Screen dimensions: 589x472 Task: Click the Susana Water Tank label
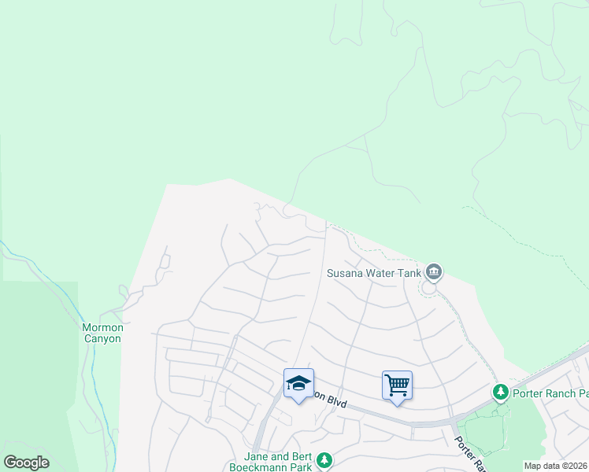pyautogui.click(x=374, y=274)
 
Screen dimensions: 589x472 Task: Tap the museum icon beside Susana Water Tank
pyautogui.click(x=434, y=272)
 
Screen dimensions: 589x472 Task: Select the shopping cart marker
pyautogui.click(x=398, y=385)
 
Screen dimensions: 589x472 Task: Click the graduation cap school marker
pyautogui.click(x=298, y=383)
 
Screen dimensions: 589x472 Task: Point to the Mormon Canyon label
pyautogui.click(x=102, y=333)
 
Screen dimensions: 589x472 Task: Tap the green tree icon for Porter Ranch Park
pyautogui.click(x=500, y=392)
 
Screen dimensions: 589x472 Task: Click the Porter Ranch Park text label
pyautogui.click(x=550, y=393)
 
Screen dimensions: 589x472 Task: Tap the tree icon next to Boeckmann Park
pyautogui.click(x=324, y=460)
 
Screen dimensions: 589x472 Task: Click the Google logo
pyautogui.click(x=26, y=463)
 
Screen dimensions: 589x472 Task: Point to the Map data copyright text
pyautogui.click(x=555, y=466)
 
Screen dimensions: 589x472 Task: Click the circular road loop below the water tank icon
pyautogui.click(x=429, y=289)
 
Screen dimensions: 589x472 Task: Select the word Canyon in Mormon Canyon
pyautogui.click(x=102, y=339)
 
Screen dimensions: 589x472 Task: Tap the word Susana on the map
pyautogui.click(x=345, y=274)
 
